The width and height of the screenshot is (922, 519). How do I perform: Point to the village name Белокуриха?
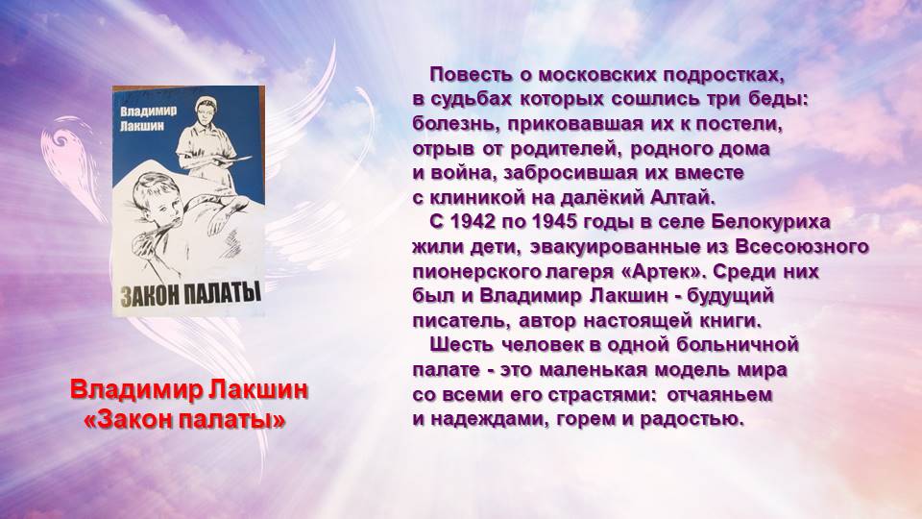click(770, 222)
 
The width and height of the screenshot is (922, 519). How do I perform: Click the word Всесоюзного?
click(801, 247)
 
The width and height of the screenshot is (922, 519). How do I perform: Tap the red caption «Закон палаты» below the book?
click(184, 420)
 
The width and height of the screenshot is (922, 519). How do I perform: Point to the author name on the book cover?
click(148, 117)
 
